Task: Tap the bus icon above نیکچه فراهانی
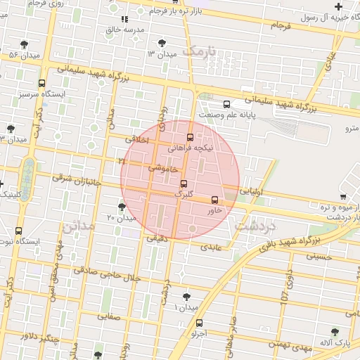pos(189,137)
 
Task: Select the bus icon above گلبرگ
pos(184,184)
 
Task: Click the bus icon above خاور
pos(214,200)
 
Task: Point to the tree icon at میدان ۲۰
pos(122,207)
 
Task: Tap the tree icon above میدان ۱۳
pos(163,43)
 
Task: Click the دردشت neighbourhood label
pos(254,226)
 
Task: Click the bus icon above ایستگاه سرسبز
pos(42,82)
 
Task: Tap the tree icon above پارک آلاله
pos(334,331)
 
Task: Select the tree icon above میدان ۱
pos(186,297)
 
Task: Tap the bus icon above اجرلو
pos(199,323)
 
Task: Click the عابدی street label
pos(211,247)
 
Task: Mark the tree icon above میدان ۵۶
pos(25,44)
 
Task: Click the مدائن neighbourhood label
pos(78,227)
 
